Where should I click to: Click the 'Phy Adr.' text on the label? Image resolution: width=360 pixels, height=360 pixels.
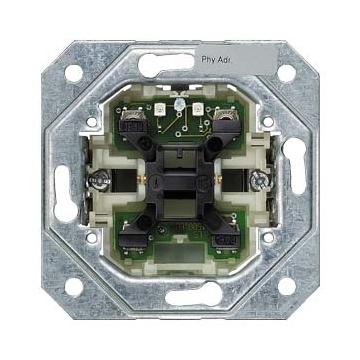tap(215, 60)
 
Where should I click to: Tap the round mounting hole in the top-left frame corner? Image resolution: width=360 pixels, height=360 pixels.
tap(74, 73)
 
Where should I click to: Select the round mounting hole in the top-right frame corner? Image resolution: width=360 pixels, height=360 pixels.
tap(287, 73)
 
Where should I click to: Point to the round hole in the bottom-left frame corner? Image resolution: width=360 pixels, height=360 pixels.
tap(74, 287)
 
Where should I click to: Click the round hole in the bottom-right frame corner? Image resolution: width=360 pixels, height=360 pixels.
tap(287, 286)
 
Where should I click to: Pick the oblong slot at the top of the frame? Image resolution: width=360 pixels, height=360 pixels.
tap(166, 64)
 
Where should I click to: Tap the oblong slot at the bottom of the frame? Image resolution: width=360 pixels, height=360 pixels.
tap(194, 295)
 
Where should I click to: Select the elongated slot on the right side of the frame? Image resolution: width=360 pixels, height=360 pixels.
tap(295, 166)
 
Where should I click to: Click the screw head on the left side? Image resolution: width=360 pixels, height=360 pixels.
tap(100, 180)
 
